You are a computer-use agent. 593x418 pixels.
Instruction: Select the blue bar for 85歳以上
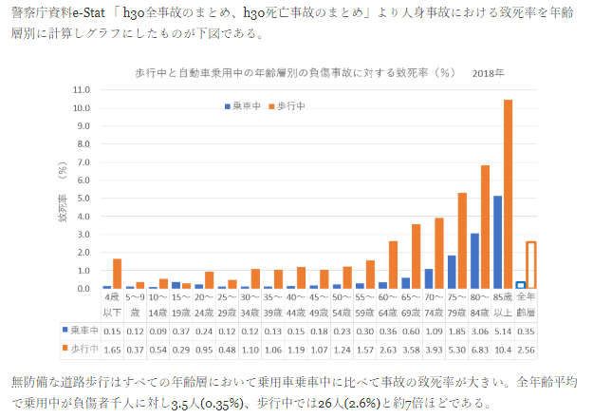[498, 242]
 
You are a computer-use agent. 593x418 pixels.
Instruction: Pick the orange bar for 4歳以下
[117, 274]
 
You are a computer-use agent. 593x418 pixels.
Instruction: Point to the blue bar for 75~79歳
[452, 272]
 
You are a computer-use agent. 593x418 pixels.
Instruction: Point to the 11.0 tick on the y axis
[81, 89]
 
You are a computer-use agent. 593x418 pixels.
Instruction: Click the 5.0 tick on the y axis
[81, 198]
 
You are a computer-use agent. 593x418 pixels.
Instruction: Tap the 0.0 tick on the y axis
[81, 288]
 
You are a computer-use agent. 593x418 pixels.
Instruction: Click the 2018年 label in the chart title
[489, 72]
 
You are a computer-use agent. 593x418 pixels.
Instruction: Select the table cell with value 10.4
[504, 349]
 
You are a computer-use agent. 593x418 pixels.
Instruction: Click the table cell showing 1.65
[113, 349]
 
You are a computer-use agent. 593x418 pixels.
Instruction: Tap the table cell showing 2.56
[527, 349]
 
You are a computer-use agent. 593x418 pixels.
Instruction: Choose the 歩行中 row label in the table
[80, 349]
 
